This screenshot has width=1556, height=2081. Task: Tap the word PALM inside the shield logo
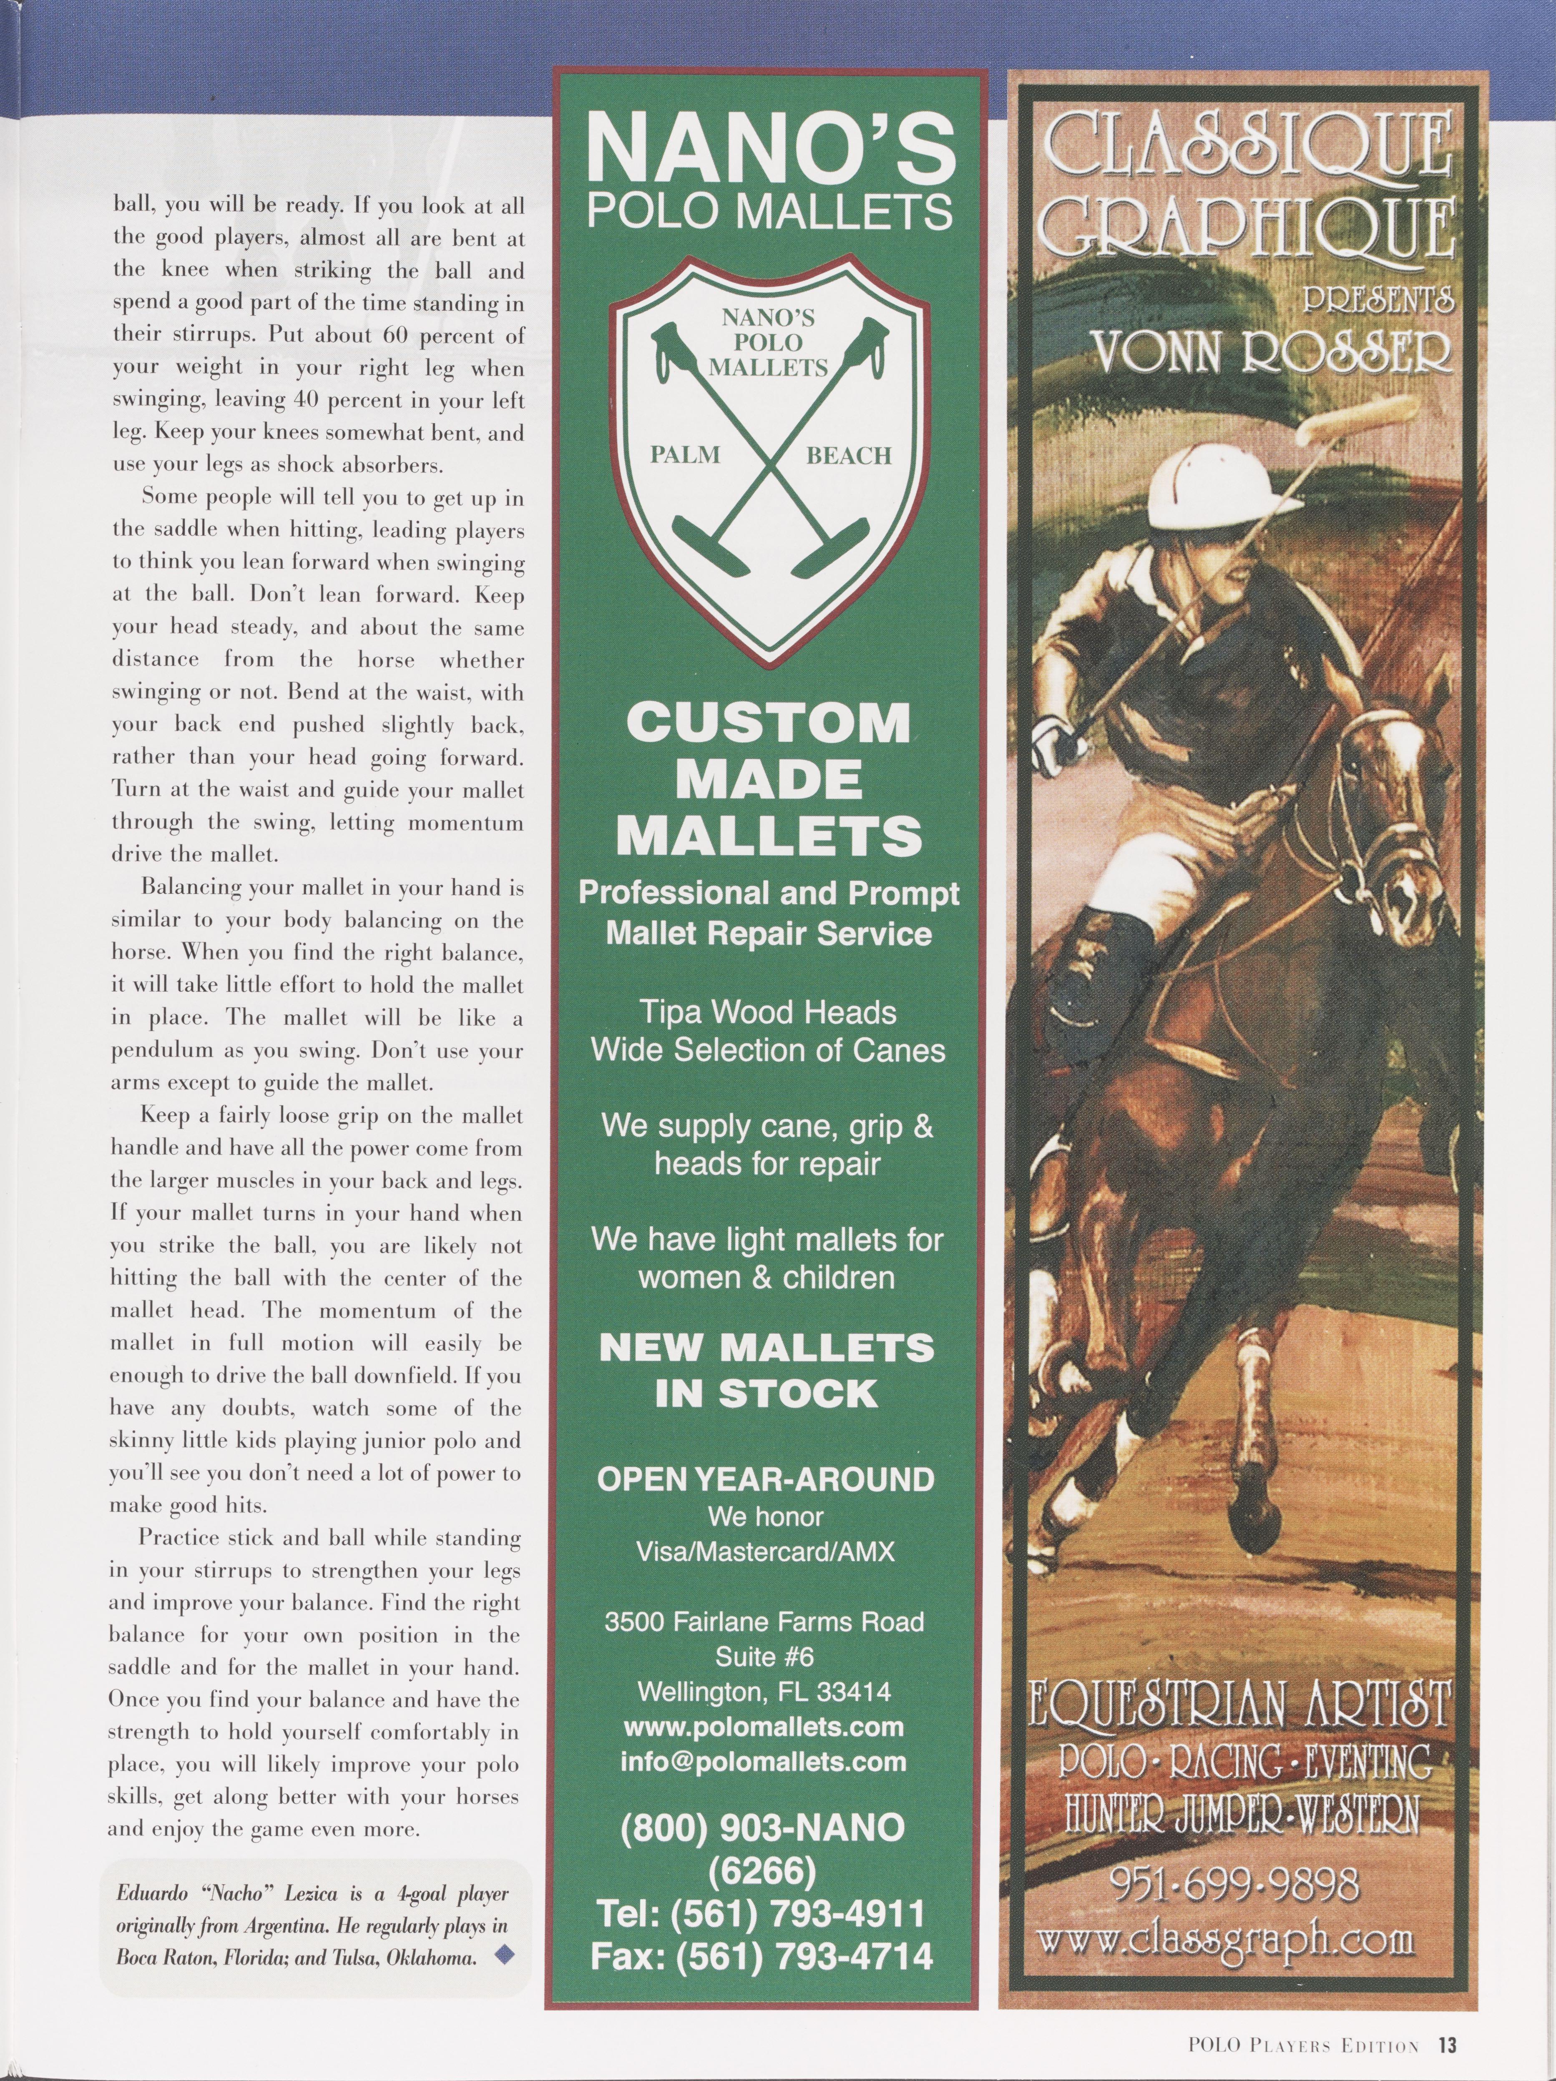pyautogui.click(x=686, y=455)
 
